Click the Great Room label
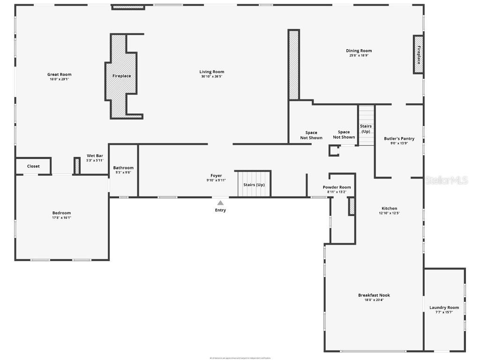pyautogui.click(x=59, y=75)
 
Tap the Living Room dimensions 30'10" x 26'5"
pyautogui.click(x=211, y=76)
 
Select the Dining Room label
pyautogui.click(x=359, y=51)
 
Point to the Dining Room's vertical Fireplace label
pyautogui.click(x=419, y=55)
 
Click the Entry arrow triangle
pyautogui.click(x=220, y=203)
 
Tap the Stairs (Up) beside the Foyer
pyautogui.click(x=254, y=184)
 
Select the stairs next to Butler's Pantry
pyautogui.click(x=366, y=126)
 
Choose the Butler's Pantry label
pyautogui.click(x=399, y=139)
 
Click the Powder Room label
pyautogui.click(x=337, y=187)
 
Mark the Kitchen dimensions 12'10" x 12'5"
pyautogui.click(x=389, y=213)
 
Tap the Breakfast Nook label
pyautogui.click(x=374, y=295)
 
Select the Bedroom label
pyautogui.click(x=61, y=213)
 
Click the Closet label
pyautogui.click(x=33, y=166)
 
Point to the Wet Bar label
pyautogui.click(x=95, y=156)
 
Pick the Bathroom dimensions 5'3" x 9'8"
pyautogui.click(x=123, y=172)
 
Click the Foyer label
pyautogui.click(x=216, y=176)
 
